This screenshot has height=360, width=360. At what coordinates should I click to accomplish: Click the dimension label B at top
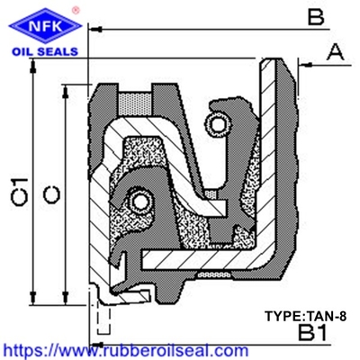coord(316,17)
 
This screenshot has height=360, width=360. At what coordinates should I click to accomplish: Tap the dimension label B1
coord(312,333)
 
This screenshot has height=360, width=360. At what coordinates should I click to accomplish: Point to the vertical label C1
coord(20,192)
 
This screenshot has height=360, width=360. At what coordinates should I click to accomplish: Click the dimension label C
coord(51,194)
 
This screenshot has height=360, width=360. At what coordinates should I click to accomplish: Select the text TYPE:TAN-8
coord(305,316)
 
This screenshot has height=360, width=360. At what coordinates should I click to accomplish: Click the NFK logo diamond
coord(46,26)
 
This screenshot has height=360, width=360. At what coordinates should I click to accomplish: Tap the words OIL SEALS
coord(45,51)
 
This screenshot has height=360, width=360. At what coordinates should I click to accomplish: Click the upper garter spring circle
coord(219,123)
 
